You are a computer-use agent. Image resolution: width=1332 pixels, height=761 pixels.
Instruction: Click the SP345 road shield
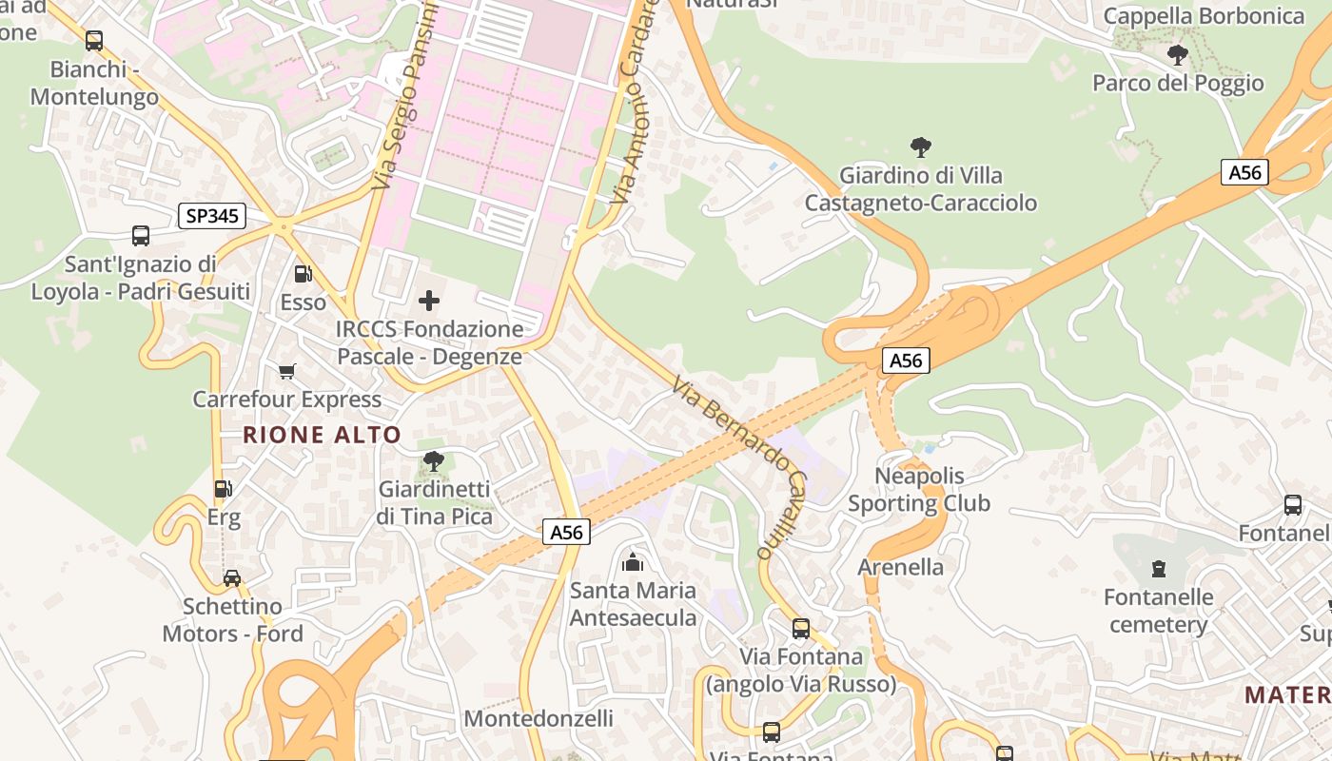coord(212,216)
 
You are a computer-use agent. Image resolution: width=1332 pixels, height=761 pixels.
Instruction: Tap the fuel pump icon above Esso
coord(303,274)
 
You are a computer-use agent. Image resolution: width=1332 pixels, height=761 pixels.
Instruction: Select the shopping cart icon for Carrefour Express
coord(286,371)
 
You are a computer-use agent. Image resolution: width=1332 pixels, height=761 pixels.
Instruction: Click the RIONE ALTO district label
coord(322,436)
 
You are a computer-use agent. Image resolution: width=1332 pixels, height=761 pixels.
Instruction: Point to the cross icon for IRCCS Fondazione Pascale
coord(429,301)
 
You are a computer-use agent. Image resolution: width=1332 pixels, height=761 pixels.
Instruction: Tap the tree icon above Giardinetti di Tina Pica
coord(434,461)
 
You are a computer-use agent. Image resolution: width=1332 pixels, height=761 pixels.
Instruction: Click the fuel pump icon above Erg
coord(224,489)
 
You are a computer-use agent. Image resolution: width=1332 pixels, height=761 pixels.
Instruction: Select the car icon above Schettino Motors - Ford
coord(232,577)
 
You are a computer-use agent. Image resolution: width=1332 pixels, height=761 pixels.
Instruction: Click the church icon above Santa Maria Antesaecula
coord(633,562)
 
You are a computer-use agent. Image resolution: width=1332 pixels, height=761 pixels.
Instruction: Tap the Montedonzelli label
coord(539,718)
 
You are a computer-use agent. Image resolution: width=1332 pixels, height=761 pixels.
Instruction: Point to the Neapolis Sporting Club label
coord(919,490)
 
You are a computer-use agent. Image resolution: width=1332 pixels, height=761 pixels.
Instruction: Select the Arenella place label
coord(901,567)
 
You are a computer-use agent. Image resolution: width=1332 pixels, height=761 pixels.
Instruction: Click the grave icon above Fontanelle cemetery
coord(1159,569)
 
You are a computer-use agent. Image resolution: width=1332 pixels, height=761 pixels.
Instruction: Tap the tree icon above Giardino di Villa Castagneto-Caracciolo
coord(920,147)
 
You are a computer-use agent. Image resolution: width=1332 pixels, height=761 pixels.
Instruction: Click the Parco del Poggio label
coord(1178,83)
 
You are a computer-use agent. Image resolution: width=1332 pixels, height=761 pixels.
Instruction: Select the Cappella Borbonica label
coord(1204,16)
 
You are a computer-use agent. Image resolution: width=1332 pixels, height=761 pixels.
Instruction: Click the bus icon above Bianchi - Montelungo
coord(93,41)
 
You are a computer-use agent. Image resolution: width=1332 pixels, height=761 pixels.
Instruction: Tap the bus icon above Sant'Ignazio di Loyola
coord(141,235)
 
